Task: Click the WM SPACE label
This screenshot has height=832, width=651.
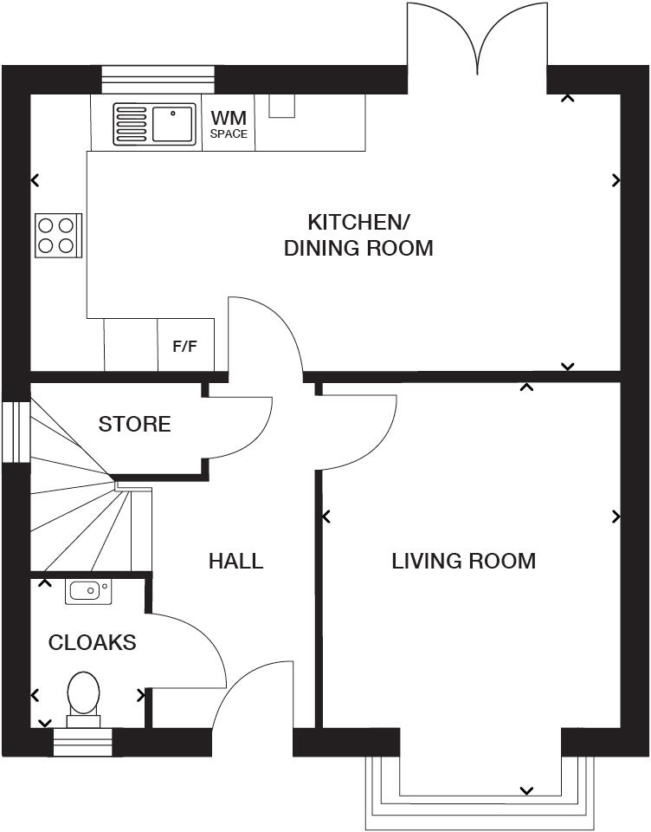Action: click(x=229, y=124)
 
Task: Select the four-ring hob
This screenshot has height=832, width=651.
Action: click(x=57, y=235)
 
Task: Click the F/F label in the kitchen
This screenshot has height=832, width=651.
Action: click(x=184, y=347)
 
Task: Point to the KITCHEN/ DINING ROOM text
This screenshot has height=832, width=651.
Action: click(x=358, y=234)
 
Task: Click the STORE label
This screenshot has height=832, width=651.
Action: click(x=134, y=425)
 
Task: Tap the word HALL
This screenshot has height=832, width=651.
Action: click(x=235, y=562)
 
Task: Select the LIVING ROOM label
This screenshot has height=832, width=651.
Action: click(x=463, y=562)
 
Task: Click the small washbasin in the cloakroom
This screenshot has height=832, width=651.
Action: click(x=87, y=592)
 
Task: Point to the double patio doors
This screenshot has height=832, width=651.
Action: click(x=477, y=43)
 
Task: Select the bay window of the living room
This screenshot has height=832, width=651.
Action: click(x=480, y=793)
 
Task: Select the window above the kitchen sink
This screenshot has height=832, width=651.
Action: click(x=157, y=79)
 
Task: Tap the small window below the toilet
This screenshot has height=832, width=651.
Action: click(x=83, y=742)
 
